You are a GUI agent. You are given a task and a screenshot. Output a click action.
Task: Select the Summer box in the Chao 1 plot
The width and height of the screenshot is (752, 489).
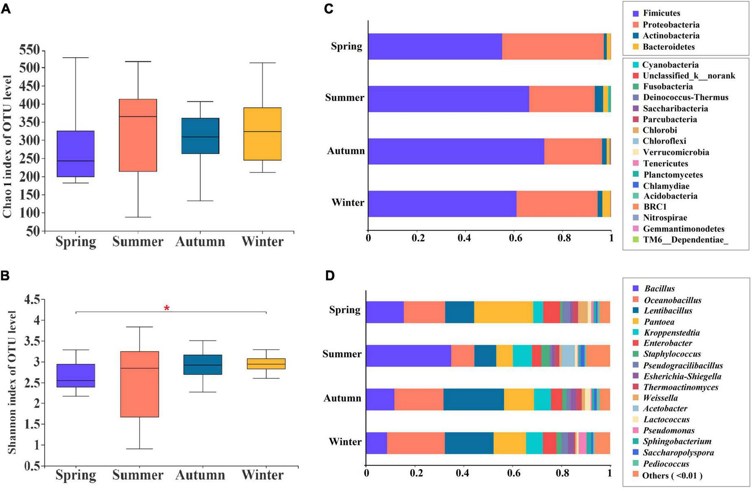pyautogui.click(x=138, y=135)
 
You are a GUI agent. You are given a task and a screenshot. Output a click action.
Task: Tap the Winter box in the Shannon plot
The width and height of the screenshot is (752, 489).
pyautogui.click(x=266, y=364)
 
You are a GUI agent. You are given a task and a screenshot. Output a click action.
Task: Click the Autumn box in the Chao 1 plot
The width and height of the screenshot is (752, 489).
pyautogui.click(x=200, y=136)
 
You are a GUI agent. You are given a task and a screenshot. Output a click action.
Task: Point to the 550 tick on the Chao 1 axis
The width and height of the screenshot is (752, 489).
pyautogui.click(x=29, y=51)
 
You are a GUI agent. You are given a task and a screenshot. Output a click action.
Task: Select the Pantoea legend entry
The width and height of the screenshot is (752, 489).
pyautogui.click(x=659, y=322)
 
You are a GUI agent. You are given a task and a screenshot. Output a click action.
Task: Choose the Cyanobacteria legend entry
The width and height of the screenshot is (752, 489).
pyautogui.click(x=670, y=65)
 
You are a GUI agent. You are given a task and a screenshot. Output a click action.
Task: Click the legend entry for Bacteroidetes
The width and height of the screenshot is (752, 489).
pyautogui.click(x=668, y=47)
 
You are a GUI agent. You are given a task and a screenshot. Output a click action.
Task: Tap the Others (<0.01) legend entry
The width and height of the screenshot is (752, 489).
pyautogui.click(x=672, y=475)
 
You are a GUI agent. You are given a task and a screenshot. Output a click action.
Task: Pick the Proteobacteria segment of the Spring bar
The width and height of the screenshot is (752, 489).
pyautogui.click(x=553, y=46)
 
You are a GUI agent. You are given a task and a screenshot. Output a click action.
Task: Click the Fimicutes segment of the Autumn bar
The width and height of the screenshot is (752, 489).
pyautogui.click(x=456, y=151)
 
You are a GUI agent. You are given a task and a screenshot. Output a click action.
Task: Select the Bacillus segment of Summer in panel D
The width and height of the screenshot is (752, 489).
pyautogui.click(x=408, y=356)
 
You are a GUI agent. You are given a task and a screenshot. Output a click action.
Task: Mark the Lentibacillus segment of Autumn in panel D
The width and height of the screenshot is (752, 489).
pyautogui.click(x=474, y=399)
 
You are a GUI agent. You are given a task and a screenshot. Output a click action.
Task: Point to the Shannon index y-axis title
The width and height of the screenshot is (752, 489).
pyautogui.click(x=11, y=382)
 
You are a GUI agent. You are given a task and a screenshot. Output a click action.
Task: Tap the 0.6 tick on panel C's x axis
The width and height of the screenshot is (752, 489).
pyautogui.click(x=515, y=238)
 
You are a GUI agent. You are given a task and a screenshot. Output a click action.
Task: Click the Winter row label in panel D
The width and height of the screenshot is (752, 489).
pyautogui.click(x=345, y=442)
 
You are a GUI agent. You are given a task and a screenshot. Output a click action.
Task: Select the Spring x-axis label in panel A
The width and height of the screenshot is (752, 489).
pyautogui.click(x=76, y=242)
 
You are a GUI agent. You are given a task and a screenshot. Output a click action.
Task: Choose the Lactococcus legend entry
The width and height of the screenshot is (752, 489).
pyautogui.click(x=666, y=419)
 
